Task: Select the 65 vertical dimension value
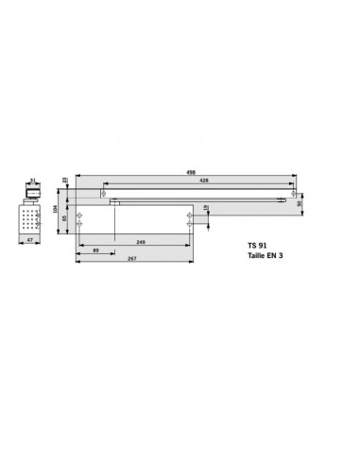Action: pyautogui.click(x=65, y=218)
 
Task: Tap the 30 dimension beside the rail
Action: pyautogui.click(x=300, y=201)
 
